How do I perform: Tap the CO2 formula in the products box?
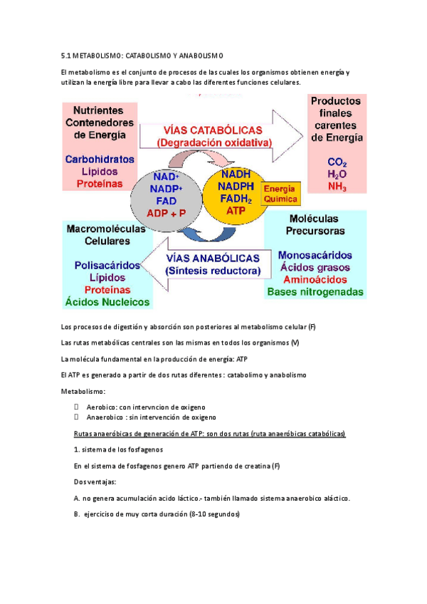(x=337, y=161)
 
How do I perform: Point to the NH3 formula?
(x=337, y=186)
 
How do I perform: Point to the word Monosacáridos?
(x=315, y=255)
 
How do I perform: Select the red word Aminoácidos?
(x=314, y=280)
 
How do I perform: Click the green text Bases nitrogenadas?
(x=315, y=292)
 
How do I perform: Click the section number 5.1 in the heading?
(x=67, y=56)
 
